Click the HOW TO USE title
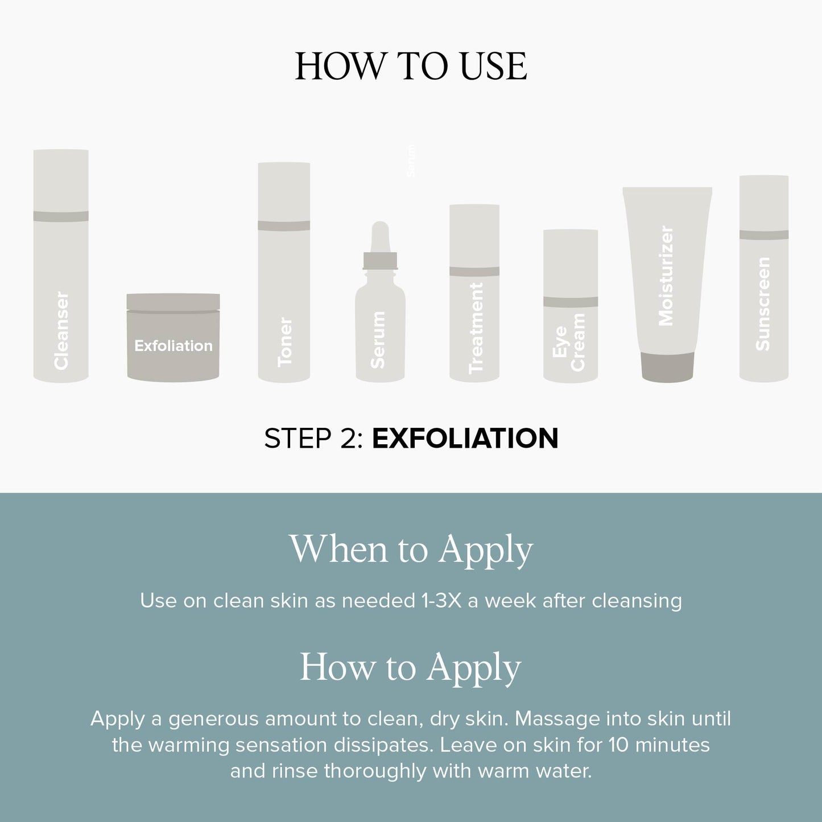[411, 67]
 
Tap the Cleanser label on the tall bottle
[61, 331]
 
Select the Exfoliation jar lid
[173, 303]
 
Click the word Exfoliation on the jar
[173, 345]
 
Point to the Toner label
[284, 342]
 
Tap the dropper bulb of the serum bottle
[380, 237]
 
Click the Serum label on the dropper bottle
[378, 340]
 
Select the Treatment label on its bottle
[476, 328]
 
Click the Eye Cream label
[568, 342]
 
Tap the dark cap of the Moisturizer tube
[668, 366]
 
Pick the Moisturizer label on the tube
[666, 276]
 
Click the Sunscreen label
[763, 304]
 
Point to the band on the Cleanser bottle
[61, 216]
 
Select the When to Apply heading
[411, 550]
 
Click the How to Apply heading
[411, 668]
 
